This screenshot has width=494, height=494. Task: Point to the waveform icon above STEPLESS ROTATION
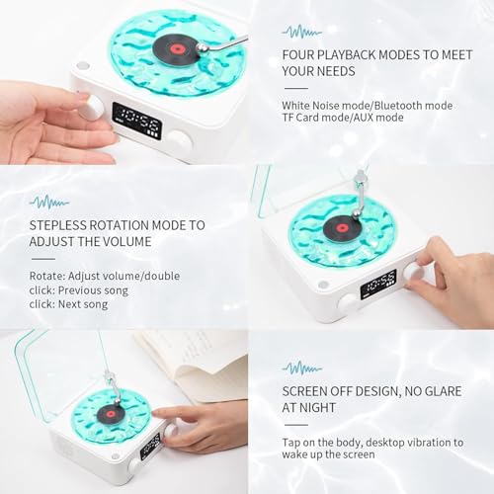point(48,202)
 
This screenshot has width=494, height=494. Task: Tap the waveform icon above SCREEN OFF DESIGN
point(302,367)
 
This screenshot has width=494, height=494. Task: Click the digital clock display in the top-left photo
point(136,121)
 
